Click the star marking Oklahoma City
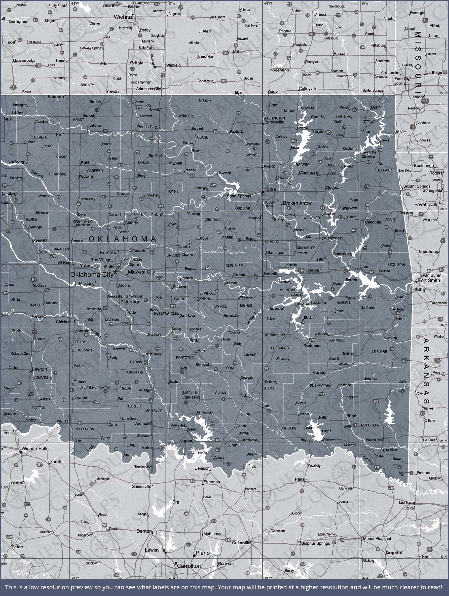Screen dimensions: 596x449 (116, 272)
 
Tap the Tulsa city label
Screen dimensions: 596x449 (270, 189)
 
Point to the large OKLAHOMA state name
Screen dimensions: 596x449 (123, 239)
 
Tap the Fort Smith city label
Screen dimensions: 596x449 (429, 280)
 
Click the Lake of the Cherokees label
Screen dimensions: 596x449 (369, 154)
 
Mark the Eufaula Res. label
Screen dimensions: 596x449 (319, 302)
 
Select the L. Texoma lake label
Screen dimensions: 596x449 (200, 452)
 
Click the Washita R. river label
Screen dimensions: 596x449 (96, 333)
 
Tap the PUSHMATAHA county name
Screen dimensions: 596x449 (320, 386)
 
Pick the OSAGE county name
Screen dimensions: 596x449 (203, 137)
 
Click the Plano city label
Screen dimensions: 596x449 (203, 553)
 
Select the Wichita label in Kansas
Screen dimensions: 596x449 (123, 17)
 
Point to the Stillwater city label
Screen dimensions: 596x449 (151, 195)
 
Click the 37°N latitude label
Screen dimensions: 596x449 (443, 93)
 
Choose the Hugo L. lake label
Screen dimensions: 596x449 (327, 431)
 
